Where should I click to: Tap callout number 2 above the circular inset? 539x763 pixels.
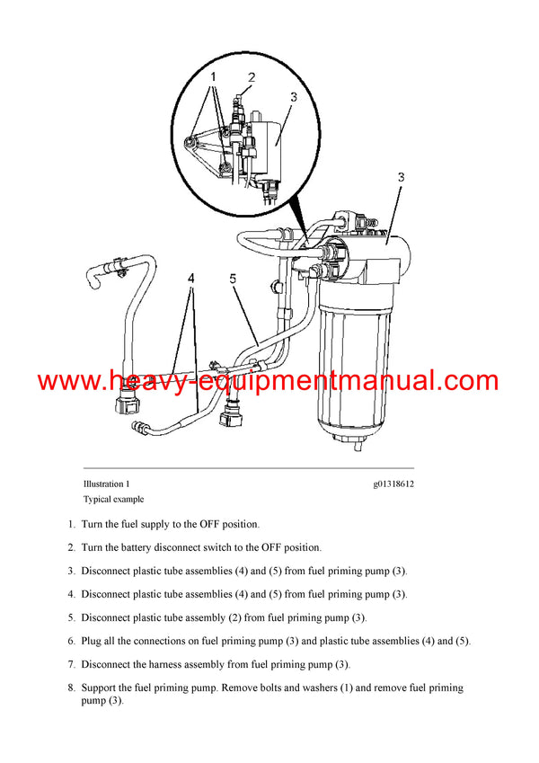pos(252,78)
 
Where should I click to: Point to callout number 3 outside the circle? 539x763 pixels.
pos(401,178)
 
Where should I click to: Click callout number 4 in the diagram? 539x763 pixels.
pos(190,279)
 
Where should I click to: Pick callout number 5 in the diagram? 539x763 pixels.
pos(233,279)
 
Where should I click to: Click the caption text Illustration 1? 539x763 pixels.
pos(107,484)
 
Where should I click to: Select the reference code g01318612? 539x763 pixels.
pos(393,484)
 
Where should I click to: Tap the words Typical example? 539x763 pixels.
pos(113,499)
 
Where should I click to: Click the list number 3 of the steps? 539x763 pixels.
pos(70,571)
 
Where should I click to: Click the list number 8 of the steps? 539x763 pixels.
pos(70,688)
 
